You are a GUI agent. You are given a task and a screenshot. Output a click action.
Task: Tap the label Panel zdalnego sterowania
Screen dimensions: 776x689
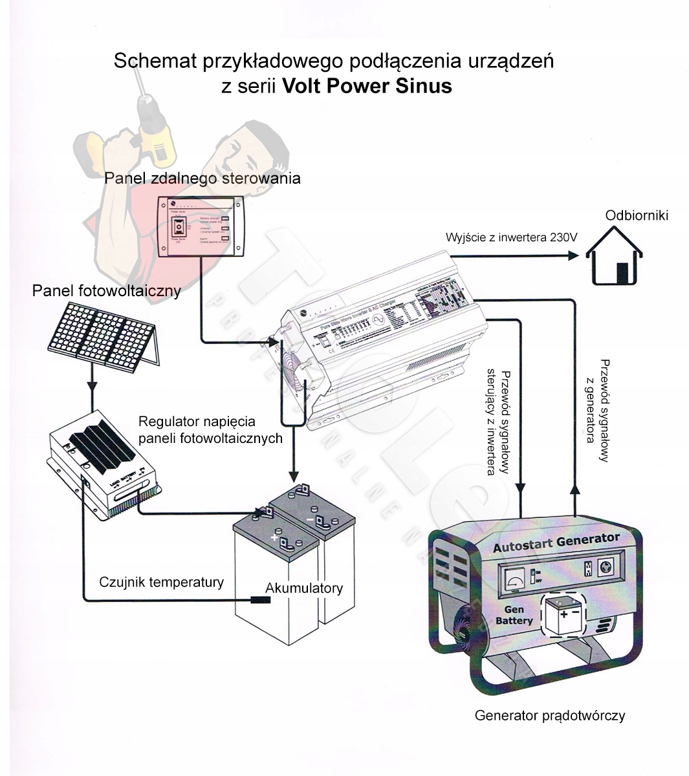202,178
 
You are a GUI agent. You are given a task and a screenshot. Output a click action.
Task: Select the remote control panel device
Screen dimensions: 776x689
202,227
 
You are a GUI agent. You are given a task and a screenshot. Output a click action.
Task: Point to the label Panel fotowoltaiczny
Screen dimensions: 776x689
106,291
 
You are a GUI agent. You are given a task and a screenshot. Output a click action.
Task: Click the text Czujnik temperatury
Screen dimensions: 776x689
161,582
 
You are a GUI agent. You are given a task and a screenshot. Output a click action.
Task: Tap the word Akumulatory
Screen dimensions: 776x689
304,588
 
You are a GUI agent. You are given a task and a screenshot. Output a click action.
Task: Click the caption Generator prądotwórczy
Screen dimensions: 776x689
550,715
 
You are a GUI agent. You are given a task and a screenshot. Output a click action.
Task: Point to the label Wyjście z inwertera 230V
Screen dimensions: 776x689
511,237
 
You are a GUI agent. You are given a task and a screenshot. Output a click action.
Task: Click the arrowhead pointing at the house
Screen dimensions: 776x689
573,255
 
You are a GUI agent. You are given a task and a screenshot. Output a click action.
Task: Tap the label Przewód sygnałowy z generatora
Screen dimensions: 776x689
596,402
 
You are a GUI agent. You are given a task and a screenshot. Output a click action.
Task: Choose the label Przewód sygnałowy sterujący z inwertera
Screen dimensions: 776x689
498,422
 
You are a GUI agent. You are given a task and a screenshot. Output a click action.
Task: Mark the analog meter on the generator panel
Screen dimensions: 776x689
514,575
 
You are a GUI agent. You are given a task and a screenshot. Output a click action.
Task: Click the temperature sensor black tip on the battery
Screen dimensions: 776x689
260,600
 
